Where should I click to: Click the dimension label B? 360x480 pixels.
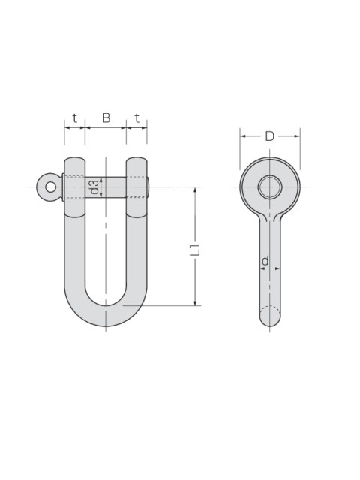click(x=106, y=118)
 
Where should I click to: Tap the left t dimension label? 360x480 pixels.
click(x=75, y=118)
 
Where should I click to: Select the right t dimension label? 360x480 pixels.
click(x=136, y=118)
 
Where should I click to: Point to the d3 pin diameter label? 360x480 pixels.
click(x=95, y=187)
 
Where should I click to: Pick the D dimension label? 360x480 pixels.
click(x=270, y=136)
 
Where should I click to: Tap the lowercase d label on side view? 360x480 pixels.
click(x=265, y=260)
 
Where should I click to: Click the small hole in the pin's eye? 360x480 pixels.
click(x=50, y=187)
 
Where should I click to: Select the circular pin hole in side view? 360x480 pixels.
click(x=270, y=187)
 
